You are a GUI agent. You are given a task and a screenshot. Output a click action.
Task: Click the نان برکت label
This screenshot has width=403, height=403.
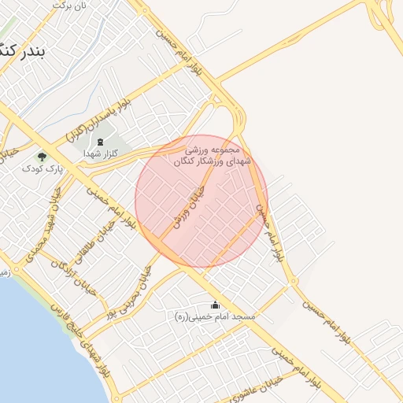pyautogui.click(x=69, y=5)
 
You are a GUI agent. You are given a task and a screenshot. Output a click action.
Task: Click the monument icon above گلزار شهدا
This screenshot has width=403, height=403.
pyautogui.click(x=101, y=142)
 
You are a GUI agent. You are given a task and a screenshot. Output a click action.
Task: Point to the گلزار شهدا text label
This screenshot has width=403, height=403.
pyautogui.click(x=101, y=155)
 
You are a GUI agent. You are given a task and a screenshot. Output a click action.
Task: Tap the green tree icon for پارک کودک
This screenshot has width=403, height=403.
pyautogui.click(x=42, y=157)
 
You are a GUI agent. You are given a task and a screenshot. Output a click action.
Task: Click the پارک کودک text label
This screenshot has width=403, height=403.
pyautogui.click(x=36, y=168)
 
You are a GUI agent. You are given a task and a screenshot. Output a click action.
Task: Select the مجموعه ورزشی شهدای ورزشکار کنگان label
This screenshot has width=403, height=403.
pyautogui.click(x=207, y=154)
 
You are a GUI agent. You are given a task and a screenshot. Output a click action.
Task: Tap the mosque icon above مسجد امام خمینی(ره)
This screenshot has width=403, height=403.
pyautogui.click(x=215, y=305)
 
